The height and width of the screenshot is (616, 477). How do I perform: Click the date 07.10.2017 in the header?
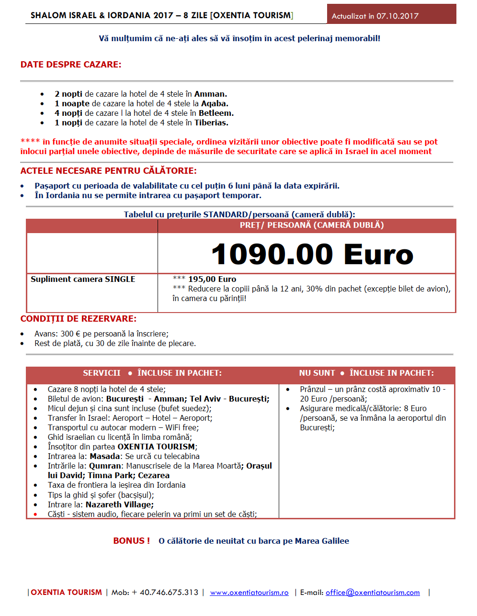[397, 16]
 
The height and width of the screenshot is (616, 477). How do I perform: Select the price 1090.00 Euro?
[312, 254]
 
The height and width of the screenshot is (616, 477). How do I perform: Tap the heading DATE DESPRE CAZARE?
[71, 65]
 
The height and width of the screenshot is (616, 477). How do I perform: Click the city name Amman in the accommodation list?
[210, 94]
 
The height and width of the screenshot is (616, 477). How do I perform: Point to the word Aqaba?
[214, 103]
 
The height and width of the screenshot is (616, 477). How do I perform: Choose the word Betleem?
[216, 113]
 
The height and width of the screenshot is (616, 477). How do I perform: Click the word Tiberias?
[211, 123]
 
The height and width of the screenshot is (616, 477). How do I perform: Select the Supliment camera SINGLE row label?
[83, 279]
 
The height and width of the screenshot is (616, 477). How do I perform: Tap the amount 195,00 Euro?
[212, 279]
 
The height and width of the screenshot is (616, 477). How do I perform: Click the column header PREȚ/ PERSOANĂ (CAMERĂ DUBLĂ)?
[312, 225]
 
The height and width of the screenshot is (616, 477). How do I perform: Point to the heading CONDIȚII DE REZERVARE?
[79, 319]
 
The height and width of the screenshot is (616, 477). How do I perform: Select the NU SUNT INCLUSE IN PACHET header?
[366, 373]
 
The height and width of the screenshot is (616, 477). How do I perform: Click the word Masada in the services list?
[105, 456]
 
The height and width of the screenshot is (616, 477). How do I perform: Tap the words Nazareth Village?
[119, 504]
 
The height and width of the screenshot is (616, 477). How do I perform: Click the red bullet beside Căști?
[35, 515]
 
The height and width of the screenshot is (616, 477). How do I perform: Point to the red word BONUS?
[129, 541]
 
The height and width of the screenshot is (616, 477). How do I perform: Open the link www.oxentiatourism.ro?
[249, 593]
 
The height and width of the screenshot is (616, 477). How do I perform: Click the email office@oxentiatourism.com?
[373, 593]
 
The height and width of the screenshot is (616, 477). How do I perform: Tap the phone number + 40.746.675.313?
[165, 593]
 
